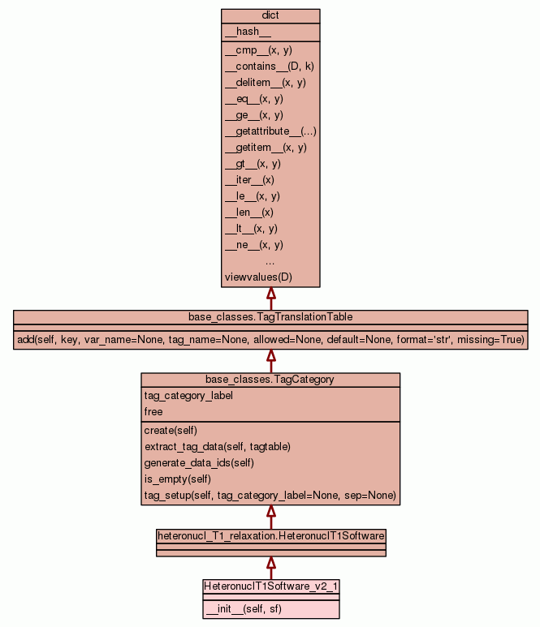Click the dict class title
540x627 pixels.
pos(270,16)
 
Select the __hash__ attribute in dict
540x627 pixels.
pos(242,32)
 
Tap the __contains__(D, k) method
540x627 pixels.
pos(269,67)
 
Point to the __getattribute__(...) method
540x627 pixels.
pos(270,131)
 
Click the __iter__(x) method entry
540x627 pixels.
pos(249,180)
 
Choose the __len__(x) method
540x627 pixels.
pos(249,213)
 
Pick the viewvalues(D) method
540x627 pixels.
pos(258,277)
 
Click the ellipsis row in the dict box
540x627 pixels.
pos(270,261)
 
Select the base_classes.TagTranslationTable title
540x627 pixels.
pos(270,316)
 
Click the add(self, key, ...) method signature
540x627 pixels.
pos(270,339)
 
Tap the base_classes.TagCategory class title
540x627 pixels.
pos(270,379)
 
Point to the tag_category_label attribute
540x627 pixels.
pos(188,396)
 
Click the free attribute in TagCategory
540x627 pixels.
pos(153,412)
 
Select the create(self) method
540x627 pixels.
pos(171,430)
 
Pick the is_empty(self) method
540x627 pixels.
pos(176,479)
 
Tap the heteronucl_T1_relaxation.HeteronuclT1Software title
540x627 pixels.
pos(270,535)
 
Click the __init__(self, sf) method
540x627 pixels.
pos(244,608)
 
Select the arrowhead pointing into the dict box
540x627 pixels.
pos(270,294)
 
